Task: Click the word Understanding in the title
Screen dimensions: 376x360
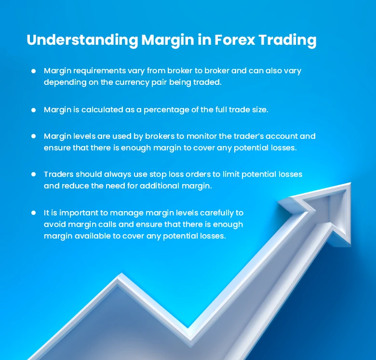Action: [82, 40]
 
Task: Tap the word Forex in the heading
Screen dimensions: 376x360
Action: [235, 40]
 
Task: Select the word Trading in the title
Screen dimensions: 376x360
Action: [287, 40]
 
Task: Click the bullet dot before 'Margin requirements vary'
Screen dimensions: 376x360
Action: [34, 71]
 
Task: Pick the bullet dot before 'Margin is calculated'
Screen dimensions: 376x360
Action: [34, 110]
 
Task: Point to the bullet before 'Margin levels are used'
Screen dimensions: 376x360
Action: [34, 136]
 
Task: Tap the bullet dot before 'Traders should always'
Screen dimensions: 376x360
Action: [34, 174]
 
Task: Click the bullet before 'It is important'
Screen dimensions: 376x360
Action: [34, 213]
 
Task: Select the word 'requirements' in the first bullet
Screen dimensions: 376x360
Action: [99, 71]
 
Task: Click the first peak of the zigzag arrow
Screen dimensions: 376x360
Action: [121, 274]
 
